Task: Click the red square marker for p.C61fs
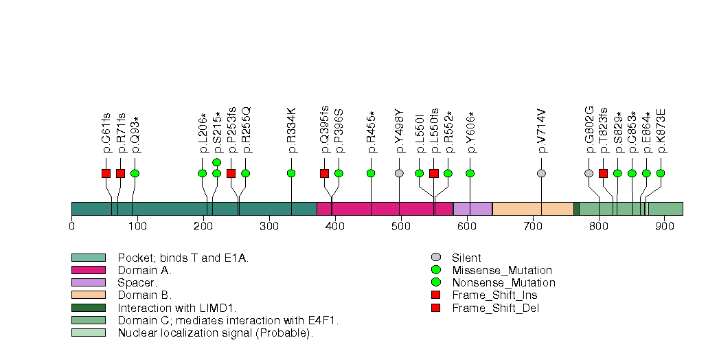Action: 106,173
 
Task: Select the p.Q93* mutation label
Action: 135,135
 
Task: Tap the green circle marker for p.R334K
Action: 291,173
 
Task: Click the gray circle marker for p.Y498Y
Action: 399,173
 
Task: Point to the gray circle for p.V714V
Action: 541,173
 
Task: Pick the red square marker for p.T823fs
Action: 603,173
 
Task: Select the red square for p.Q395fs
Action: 324,173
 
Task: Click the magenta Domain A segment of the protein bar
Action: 385,209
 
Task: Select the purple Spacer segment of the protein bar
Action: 472,209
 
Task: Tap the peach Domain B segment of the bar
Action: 533,209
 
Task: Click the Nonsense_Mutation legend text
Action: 503,283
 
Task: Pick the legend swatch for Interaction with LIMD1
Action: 89,308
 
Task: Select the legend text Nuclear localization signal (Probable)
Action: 215,333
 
